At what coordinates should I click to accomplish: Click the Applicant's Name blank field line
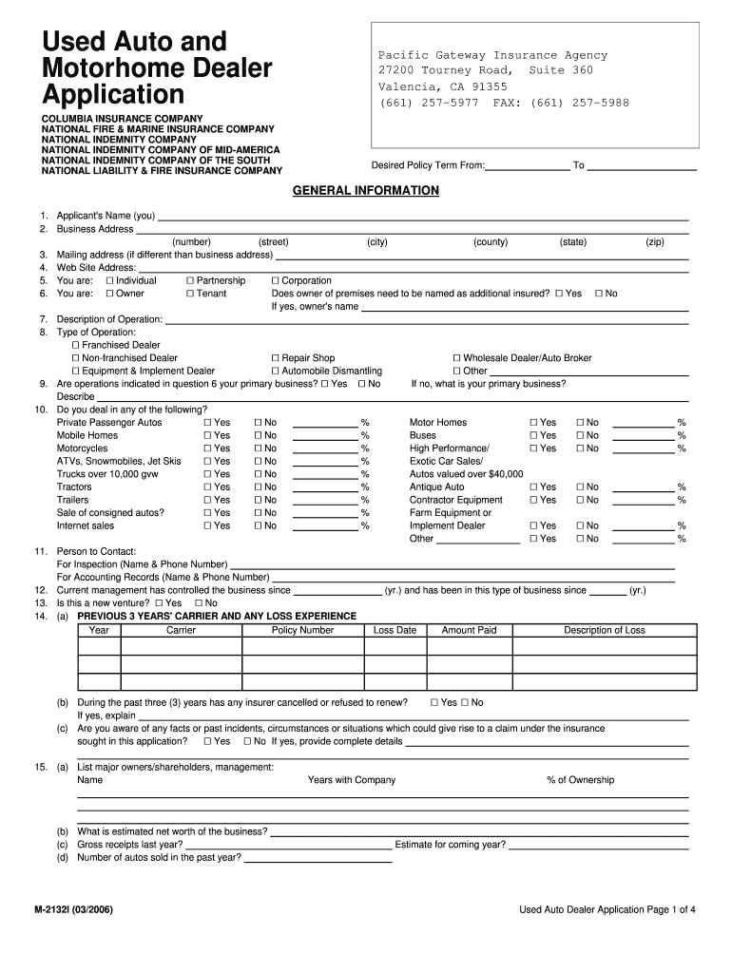422,218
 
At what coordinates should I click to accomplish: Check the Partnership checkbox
189,281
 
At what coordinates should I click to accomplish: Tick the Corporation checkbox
275,281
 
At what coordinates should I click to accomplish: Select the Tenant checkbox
189,295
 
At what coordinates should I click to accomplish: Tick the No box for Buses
579,436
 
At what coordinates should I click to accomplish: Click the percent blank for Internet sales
325,526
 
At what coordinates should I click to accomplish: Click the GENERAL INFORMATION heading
365,191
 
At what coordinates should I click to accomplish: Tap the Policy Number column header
302,630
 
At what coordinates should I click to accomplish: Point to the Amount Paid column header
469,630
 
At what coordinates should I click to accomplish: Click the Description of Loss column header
604,630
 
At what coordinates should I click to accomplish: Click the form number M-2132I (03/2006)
73,909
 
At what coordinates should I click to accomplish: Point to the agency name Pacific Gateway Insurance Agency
492,56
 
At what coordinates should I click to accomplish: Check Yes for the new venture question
159,603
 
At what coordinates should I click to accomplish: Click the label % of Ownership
580,780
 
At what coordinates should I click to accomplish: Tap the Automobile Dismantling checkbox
275,372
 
